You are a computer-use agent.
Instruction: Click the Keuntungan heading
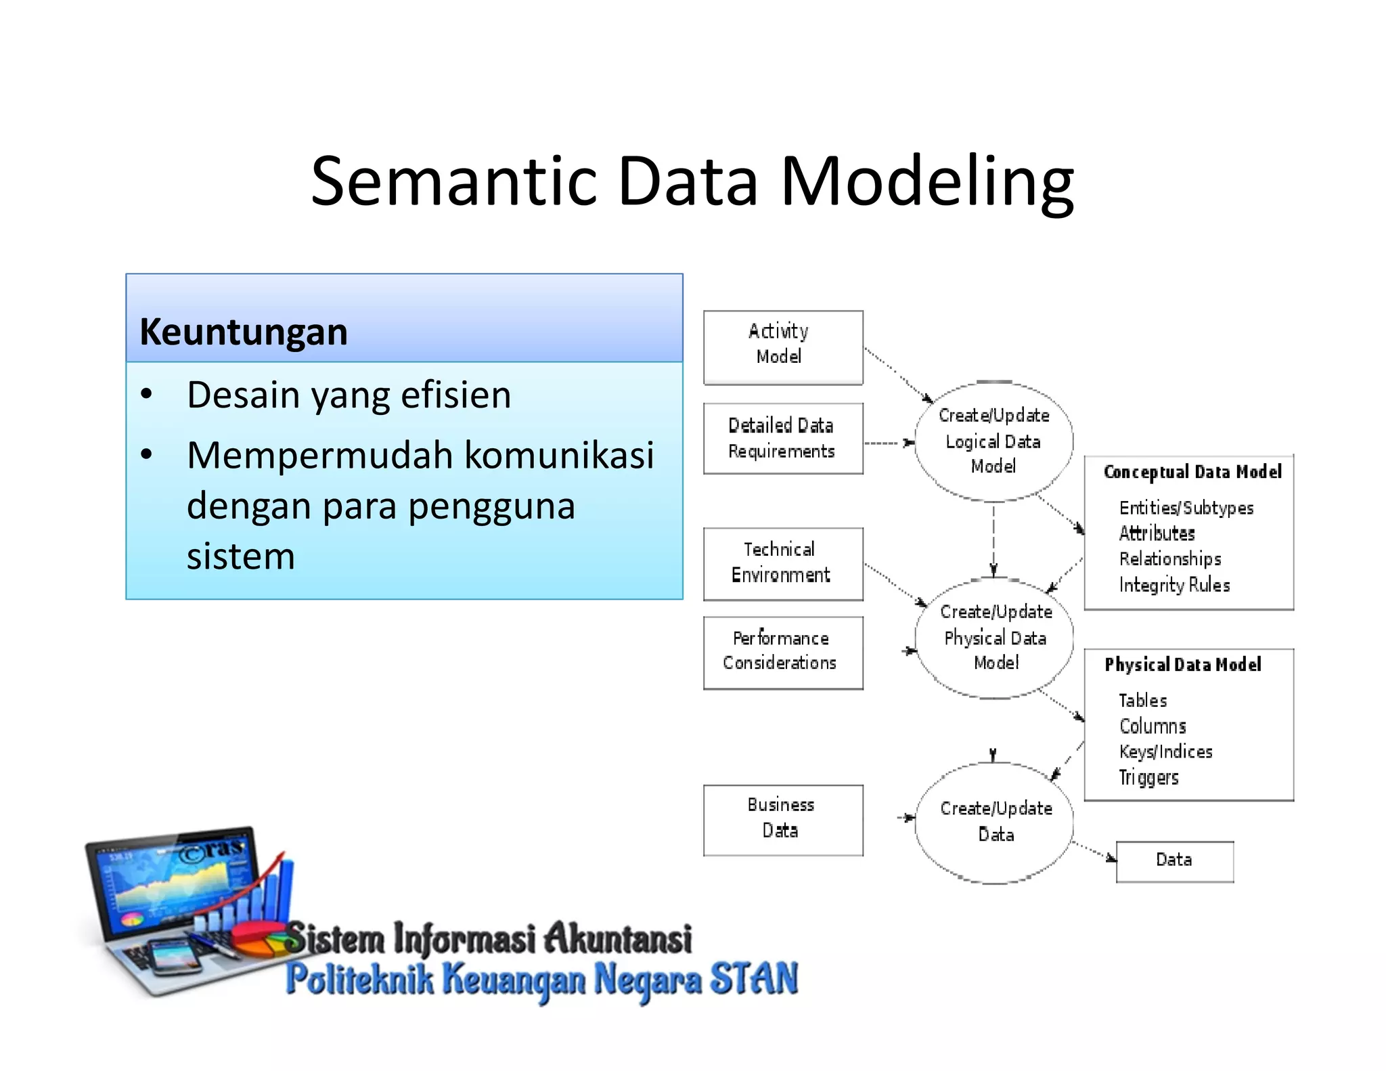[x=244, y=332]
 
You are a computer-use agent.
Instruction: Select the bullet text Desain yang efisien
[x=349, y=395]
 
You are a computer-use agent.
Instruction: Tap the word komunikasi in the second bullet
[x=559, y=454]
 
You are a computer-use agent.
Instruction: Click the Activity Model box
[x=783, y=347]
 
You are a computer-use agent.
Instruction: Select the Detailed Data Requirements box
[x=783, y=438]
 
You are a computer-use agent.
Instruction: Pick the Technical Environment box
[x=783, y=563]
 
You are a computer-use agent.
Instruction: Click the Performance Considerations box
[x=783, y=652]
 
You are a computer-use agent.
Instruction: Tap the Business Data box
[x=783, y=819]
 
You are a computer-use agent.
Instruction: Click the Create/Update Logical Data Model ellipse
[x=993, y=441]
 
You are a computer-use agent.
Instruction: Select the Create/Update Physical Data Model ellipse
[x=995, y=638]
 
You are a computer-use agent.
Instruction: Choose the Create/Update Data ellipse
[x=995, y=822]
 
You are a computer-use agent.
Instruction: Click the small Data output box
[x=1174, y=860]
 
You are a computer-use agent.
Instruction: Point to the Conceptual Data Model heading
[x=1192, y=472]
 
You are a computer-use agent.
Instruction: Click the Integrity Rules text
[x=1174, y=585]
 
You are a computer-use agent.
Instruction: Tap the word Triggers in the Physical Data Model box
[x=1148, y=777]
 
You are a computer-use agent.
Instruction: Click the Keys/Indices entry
[x=1165, y=751]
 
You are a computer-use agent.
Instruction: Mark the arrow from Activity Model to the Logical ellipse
[x=899, y=375]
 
